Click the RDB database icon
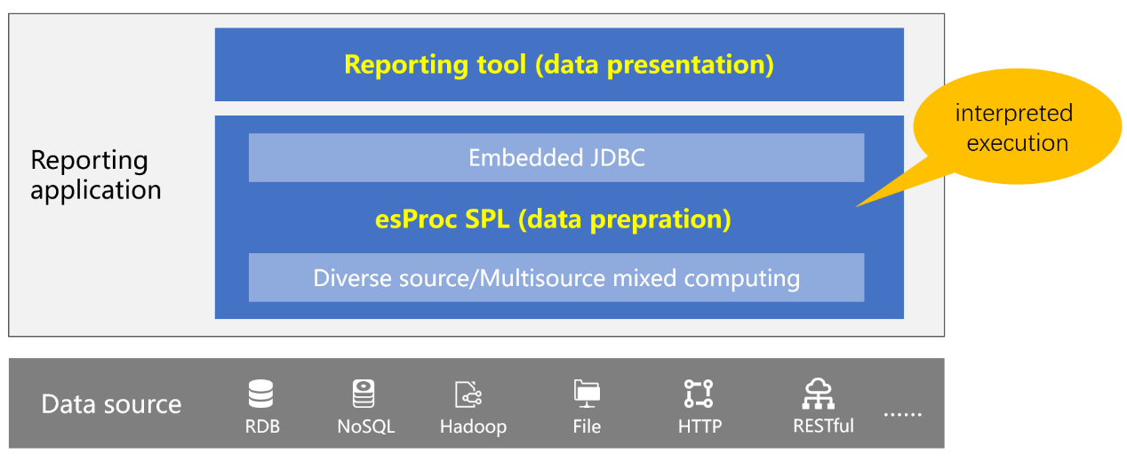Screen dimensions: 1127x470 260,394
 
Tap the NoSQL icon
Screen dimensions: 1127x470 364,394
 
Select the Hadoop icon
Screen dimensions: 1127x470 468,394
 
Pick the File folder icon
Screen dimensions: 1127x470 587,394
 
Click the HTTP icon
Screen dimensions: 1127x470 699,394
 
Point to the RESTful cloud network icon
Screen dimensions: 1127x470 819,394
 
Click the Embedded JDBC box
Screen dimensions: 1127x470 556,158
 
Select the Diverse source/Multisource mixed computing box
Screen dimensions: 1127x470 556,277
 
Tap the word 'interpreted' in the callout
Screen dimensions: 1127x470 1014,114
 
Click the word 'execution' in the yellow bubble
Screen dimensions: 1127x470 1018,143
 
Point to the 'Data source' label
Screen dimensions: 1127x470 111,404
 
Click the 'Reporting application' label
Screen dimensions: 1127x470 96,175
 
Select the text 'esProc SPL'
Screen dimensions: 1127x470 443,219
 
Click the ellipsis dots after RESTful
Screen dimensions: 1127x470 903,415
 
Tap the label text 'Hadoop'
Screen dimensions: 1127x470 473,426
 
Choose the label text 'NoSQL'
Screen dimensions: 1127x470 366,426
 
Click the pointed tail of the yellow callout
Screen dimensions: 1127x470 856,206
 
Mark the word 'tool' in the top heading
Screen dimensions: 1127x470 501,65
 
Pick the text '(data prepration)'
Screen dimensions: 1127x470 624,220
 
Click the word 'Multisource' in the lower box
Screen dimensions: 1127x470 542,278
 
